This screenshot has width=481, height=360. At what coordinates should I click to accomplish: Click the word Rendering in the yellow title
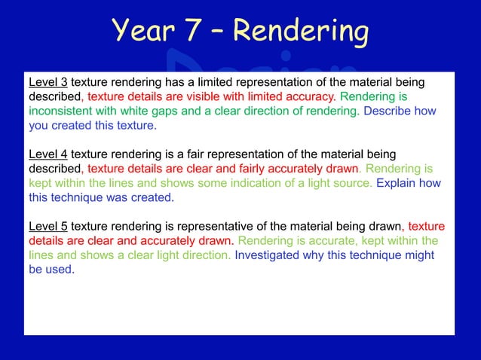click(x=301, y=32)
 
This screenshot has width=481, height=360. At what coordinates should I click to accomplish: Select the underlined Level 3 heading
click(x=48, y=81)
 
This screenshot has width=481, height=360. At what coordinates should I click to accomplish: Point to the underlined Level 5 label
click(x=48, y=226)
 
